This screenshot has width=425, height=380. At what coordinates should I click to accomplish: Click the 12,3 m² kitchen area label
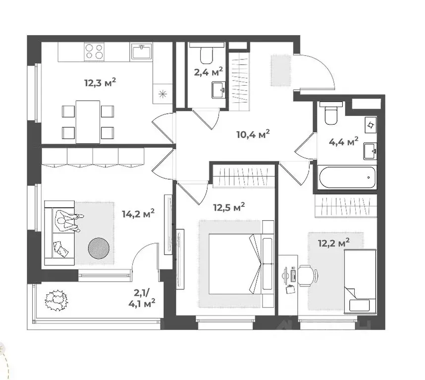(101, 82)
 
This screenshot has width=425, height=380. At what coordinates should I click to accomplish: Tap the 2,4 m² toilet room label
(208, 72)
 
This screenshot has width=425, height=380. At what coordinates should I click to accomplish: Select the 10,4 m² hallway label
(253, 134)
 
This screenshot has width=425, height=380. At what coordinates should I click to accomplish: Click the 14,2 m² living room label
(138, 214)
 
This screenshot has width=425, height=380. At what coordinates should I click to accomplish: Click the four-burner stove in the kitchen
(95, 51)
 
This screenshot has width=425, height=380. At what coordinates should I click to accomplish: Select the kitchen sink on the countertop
(143, 50)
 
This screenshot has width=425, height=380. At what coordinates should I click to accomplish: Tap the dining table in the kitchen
(88, 121)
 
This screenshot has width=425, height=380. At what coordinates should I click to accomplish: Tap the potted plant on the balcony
(55, 300)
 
